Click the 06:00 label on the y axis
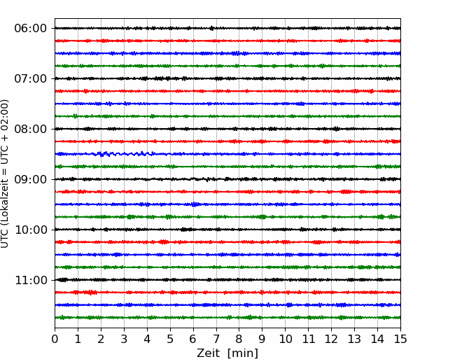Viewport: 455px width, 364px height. tap(31, 29)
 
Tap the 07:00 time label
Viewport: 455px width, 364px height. tap(31, 78)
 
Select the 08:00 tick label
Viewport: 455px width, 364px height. tap(31, 129)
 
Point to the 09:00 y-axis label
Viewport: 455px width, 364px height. tap(31, 179)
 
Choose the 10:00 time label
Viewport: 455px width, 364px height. tap(31, 230)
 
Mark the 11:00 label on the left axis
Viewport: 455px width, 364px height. tap(31, 280)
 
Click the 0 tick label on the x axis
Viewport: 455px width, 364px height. tap(55, 339)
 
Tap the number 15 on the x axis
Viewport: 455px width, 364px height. tap(400, 339)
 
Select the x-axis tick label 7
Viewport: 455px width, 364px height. tap(216, 339)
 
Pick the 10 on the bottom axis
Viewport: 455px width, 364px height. tap(285, 339)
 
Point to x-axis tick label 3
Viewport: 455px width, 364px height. tap(124, 339)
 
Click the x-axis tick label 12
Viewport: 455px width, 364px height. tap(331, 339)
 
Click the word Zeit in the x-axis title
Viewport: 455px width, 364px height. tap(208, 353)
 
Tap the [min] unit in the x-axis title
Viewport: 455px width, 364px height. tap(243, 353)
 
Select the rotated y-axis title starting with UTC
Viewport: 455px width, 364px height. tap(5, 174)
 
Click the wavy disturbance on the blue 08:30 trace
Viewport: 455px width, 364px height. tap(125, 153)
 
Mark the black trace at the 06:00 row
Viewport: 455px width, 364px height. tap(227, 28)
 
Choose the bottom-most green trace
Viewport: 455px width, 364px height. tap(227, 318)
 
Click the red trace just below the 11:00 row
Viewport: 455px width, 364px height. tap(227, 293)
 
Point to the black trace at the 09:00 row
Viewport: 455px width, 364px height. tap(227, 179)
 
